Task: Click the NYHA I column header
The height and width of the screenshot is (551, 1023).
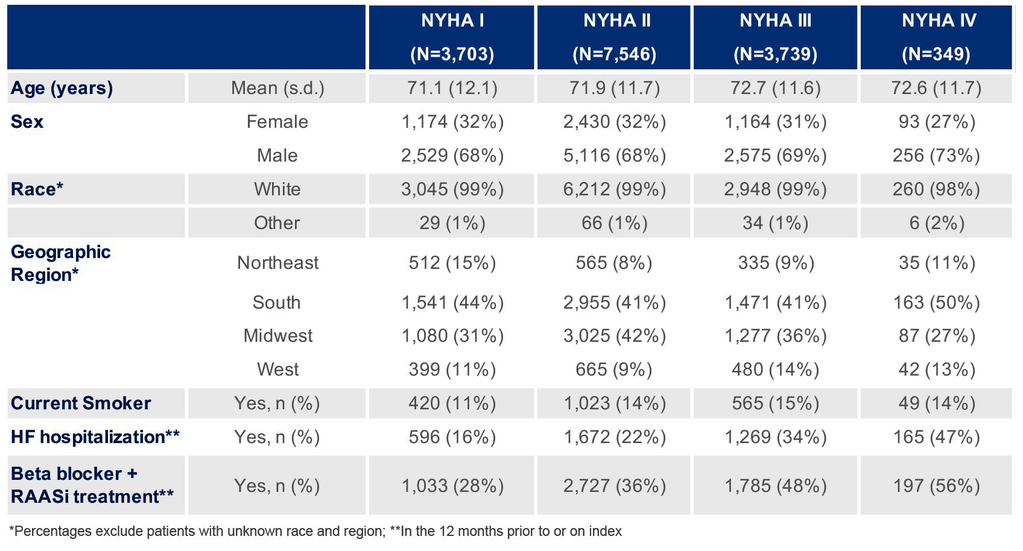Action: coord(452,37)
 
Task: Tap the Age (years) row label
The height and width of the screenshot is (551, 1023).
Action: coord(62,88)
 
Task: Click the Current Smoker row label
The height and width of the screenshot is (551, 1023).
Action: coord(81,403)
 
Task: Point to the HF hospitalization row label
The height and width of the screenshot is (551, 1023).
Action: coord(95,437)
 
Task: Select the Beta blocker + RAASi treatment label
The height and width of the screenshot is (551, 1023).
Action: coord(92,485)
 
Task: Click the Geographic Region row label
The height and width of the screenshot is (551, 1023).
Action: coord(61,263)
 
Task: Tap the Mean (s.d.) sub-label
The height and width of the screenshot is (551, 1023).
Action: coord(277,87)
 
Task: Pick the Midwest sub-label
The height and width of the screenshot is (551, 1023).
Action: coord(277,336)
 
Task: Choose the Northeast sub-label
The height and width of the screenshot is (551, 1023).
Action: coord(277,262)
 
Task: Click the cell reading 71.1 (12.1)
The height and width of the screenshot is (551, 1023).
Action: coord(452,87)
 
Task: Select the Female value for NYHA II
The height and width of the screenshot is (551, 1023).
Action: coord(614,122)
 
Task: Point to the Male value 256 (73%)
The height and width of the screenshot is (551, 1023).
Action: coord(936,156)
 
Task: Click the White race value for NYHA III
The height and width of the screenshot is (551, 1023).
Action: coord(775,189)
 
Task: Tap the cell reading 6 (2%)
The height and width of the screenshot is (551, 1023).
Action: coord(937,223)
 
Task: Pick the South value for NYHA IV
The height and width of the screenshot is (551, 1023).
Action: coord(936,303)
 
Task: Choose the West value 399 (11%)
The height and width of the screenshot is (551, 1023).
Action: coord(452,370)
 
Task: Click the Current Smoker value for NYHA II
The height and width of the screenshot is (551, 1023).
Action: coord(614,403)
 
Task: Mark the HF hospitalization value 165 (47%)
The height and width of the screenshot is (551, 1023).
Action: coord(936,437)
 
